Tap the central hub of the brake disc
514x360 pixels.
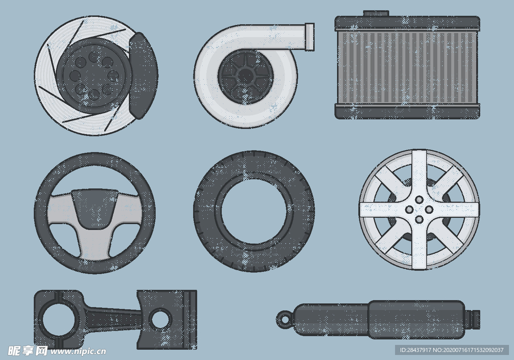[x=94, y=76]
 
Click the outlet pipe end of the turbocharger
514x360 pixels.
[x=309, y=37]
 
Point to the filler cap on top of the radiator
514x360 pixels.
[x=376, y=14]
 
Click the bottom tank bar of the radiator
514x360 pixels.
[x=407, y=111]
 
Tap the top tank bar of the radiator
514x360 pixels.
[x=407, y=23]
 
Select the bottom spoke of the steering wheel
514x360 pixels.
[x=94, y=244]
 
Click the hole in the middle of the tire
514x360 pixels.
[x=253, y=211]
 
